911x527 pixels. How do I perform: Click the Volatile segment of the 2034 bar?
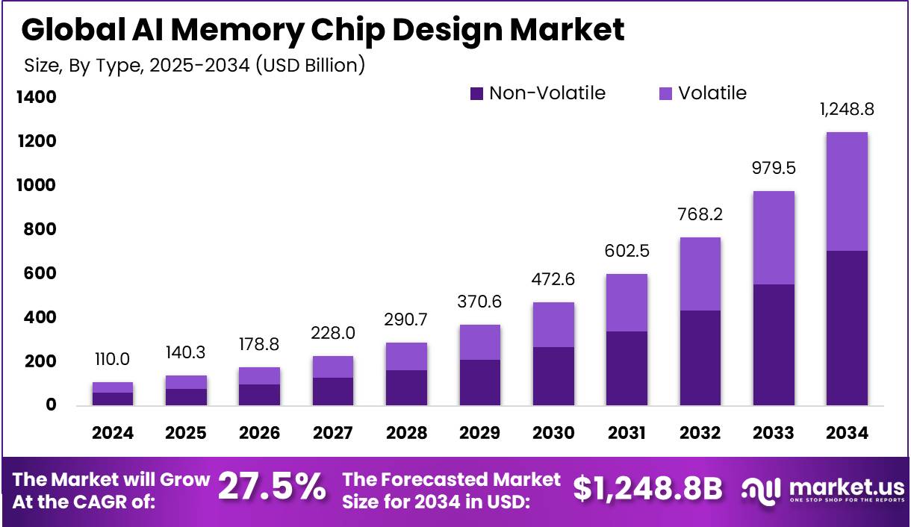tap(847, 192)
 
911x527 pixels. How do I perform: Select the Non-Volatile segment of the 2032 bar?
tap(700, 358)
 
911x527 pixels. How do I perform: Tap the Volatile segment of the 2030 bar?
tap(553, 325)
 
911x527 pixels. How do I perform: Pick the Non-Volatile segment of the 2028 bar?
tap(406, 387)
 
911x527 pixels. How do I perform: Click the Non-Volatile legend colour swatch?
tap(477, 94)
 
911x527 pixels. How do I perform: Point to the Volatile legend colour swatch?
tap(666, 94)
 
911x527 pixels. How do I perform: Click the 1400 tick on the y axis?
tap(34, 97)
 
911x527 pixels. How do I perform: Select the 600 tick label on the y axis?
tap(34, 274)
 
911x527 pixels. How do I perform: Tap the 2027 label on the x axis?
tap(333, 433)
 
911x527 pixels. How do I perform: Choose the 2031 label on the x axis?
tap(626, 433)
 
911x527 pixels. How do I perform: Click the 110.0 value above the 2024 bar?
tap(113, 359)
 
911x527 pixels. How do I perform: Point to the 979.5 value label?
tap(773, 168)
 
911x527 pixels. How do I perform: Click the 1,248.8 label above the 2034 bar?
tap(847, 109)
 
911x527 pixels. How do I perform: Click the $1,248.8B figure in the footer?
tap(647, 488)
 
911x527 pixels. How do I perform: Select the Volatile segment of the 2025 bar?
tap(186, 382)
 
